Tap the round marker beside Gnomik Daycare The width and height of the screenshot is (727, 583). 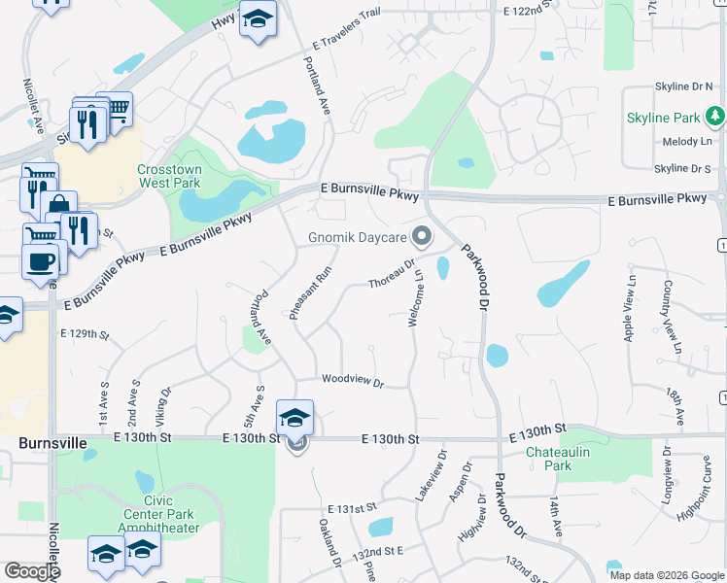click(x=422, y=237)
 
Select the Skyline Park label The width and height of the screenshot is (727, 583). click(x=663, y=118)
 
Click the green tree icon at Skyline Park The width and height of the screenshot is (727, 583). click(x=716, y=118)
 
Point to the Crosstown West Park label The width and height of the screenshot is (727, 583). click(x=169, y=175)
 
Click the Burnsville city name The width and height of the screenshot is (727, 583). click(x=52, y=442)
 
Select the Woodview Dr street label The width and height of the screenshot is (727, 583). click(x=352, y=380)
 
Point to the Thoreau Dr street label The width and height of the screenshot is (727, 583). click(x=392, y=272)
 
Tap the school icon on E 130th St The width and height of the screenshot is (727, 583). click(x=295, y=418)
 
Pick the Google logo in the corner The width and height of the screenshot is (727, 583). click(x=32, y=572)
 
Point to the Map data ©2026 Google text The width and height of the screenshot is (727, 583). click(x=666, y=575)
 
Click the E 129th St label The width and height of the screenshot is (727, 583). click(x=84, y=333)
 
